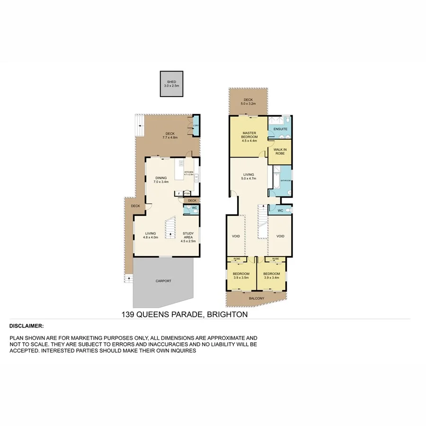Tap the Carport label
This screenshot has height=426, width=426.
(163, 281)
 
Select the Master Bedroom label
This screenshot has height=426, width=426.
(249, 136)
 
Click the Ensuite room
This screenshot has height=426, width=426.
(280, 129)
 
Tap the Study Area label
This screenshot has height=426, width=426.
(188, 235)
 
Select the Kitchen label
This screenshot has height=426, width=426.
(189, 173)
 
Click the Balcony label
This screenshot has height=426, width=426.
(257, 298)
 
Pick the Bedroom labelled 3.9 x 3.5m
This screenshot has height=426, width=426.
(241, 275)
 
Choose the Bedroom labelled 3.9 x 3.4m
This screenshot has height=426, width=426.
(272, 275)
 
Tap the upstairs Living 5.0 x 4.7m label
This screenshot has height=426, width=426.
(248, 176)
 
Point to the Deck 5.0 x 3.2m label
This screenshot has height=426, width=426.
(248, 102)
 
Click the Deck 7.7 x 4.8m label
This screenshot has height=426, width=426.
(169, 135)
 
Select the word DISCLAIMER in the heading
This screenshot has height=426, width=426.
(27, 326)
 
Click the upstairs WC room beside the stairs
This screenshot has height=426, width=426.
(279, 210)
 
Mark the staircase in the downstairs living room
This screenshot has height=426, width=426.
(170, 227)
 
